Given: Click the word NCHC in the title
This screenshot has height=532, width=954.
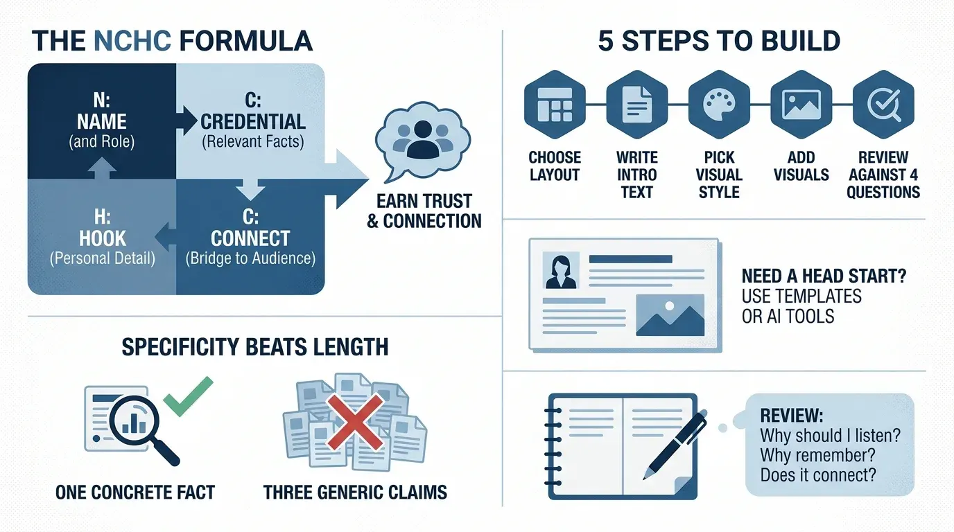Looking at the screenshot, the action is [132, 42].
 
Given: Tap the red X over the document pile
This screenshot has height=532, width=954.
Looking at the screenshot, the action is [355, 422].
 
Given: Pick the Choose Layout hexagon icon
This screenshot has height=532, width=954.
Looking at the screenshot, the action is [555, 105].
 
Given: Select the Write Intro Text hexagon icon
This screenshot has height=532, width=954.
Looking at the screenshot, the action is [636, 105].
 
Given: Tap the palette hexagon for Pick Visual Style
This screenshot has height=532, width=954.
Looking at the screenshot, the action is [719, 105].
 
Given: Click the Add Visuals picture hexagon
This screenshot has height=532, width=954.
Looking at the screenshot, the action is [801, 105].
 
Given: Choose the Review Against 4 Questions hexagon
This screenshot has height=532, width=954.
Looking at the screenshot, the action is [883, 105].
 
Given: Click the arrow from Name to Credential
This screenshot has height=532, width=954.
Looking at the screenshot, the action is [186, 121].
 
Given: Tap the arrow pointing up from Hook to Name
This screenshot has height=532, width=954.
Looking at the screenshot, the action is [102, 168].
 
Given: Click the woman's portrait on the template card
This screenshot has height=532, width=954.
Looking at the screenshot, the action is [561, 271].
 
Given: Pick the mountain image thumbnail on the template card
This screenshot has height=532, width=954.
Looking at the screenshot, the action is [670, 315].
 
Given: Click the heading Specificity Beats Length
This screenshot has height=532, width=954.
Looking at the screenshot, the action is [254, 347].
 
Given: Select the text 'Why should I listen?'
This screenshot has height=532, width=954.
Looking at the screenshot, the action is [830, 436].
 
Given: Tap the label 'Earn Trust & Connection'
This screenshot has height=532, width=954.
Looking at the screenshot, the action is [424, 211].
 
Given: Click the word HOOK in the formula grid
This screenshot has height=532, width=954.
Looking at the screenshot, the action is [102, 238].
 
